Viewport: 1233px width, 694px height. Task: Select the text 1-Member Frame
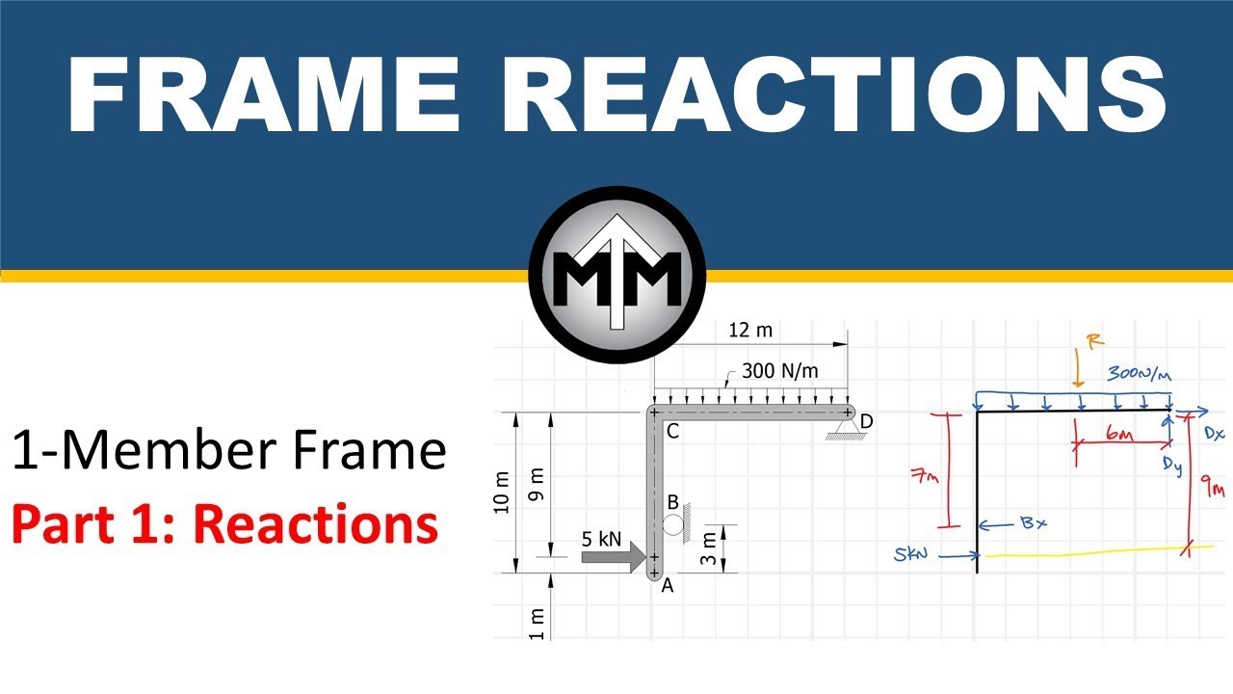[x=229, y=451]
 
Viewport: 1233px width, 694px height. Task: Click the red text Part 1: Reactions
[x=224, y=525]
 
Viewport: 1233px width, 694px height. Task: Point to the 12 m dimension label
[x=750, y=331]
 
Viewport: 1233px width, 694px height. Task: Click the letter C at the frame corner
[x=672, y=431]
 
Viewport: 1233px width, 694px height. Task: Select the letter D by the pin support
[x=867, y=421]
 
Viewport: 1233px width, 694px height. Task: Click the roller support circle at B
[x=672, y=524]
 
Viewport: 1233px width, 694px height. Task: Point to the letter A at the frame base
[x=667, y=584]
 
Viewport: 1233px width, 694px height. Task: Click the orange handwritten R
[x=1089, y=340]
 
